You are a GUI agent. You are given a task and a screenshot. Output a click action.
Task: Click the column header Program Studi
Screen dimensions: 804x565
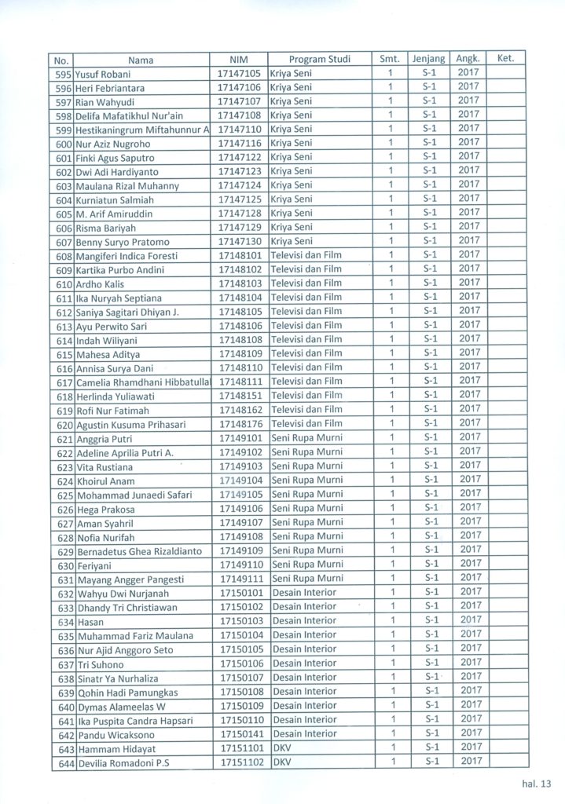pos(319,59)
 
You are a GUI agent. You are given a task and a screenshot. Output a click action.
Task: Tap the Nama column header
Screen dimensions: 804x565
pos(141,60)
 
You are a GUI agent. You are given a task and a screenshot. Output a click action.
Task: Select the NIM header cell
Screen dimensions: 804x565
pos(238,59)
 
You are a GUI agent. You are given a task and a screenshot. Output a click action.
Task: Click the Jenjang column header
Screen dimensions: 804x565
pos(428,59)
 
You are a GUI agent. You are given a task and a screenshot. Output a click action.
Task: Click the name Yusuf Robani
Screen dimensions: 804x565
pos(104,74)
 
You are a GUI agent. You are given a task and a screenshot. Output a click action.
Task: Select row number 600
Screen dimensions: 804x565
pos(64,144)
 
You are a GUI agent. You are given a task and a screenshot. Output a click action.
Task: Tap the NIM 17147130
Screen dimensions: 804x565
pos(239,242)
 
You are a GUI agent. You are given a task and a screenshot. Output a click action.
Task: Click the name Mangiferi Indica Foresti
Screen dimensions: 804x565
pos(127,256)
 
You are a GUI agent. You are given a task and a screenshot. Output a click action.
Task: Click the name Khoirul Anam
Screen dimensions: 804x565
pos(106,481)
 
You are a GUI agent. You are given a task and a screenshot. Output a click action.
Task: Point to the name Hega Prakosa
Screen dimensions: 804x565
pos(106,510)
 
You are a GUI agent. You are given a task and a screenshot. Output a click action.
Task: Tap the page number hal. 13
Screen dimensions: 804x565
pos(537,783)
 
